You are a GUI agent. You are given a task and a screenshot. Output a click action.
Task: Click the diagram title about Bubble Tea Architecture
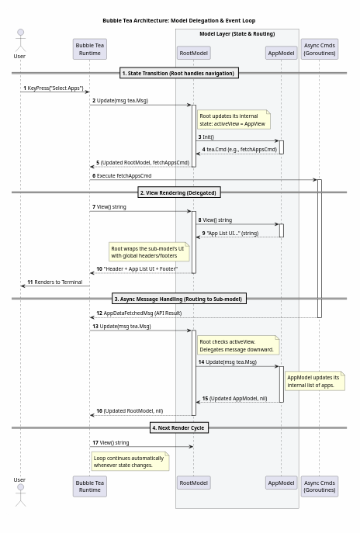coord(178,21)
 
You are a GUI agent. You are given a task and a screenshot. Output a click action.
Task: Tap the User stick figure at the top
coord(20,40)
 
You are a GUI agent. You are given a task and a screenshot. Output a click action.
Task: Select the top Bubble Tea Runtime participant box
coord(90,50)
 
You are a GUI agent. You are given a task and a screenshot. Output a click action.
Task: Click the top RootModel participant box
coord(194,53)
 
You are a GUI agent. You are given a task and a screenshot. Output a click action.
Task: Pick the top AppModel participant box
coord(281,53)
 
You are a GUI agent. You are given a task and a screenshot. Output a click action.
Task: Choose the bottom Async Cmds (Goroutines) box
coord(320,486)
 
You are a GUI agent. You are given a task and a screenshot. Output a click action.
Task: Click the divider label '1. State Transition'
coord(179,73)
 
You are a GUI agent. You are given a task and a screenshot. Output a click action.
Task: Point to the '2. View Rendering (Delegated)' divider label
coord(179,192)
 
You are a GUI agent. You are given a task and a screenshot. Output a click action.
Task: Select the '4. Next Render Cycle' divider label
coord(179,428)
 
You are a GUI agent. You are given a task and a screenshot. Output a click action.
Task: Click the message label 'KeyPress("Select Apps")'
coord(55,88)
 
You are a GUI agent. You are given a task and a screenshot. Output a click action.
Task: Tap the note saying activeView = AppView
coord(234,119)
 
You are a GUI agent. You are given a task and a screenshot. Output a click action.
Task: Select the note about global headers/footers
coord(149,252)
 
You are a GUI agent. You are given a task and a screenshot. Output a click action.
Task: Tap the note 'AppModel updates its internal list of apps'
coord(315,381)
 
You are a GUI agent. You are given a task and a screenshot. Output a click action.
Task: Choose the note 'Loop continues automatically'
coord(130,462)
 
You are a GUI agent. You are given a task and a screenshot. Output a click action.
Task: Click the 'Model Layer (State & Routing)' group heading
coord(237,34)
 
